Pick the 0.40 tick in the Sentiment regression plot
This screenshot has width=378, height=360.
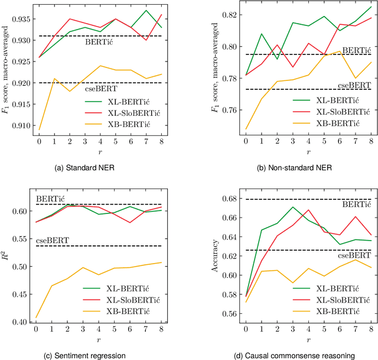point(25,322)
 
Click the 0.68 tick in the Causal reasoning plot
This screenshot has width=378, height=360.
point(211,199)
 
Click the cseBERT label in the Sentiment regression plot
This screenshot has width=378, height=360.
point(51,240)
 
